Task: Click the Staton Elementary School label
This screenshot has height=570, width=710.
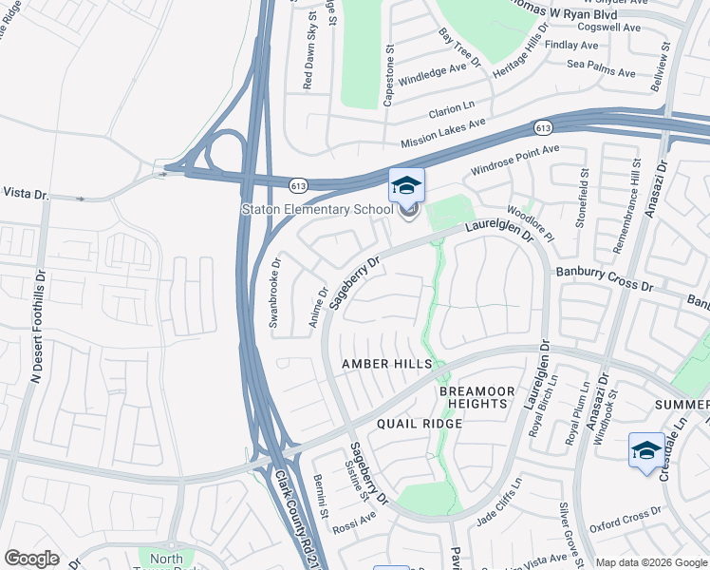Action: pyautogui.click(x=316, y=209)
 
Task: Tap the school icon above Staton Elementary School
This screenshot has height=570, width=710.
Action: pyautogui.click(x=406, y=184)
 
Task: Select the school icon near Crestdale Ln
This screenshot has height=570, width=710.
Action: pyautogui.click(x=646, y=449)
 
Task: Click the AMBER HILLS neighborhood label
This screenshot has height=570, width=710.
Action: pyautogui.click(x=386, y=365)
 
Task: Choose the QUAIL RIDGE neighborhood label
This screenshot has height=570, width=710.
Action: pyautogui.click(x=419, y=424)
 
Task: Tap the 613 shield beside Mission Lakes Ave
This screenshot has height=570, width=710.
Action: pyautogui.click(x=543, y=126)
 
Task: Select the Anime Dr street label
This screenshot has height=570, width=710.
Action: pyautogui.click(x=318, y=309)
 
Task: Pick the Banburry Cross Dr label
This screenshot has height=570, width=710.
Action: pyautogui.click(x=606, y=278)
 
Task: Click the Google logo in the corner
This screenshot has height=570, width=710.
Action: pyautogui.click(x=32, y=559)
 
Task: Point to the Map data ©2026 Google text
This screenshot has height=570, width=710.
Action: pyautogui.click(x=650, y=562)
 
